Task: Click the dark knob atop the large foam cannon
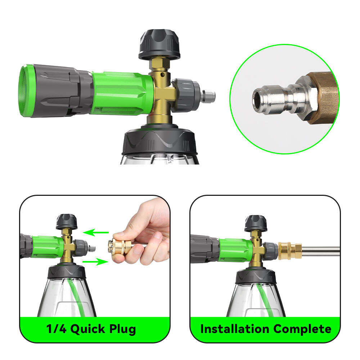[x=159, y=45]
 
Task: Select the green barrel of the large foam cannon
[x=122, y=93]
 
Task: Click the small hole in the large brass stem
[x=163, y=75]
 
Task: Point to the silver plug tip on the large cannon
[x=208, y=96]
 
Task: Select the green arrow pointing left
[x=96, y=232]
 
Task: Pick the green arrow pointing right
[x=95, y=261]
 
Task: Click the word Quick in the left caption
[x=87, y=329]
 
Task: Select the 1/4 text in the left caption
[x=56, y=329]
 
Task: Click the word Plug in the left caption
[x=122, y=329]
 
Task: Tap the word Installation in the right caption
[x=235, y=329]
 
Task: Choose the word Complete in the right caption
[x=302, y=329]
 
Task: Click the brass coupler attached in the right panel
[x=290, y=251]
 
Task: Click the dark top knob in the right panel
[x=256, y=223]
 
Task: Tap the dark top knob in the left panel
[x=67, y=222]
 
